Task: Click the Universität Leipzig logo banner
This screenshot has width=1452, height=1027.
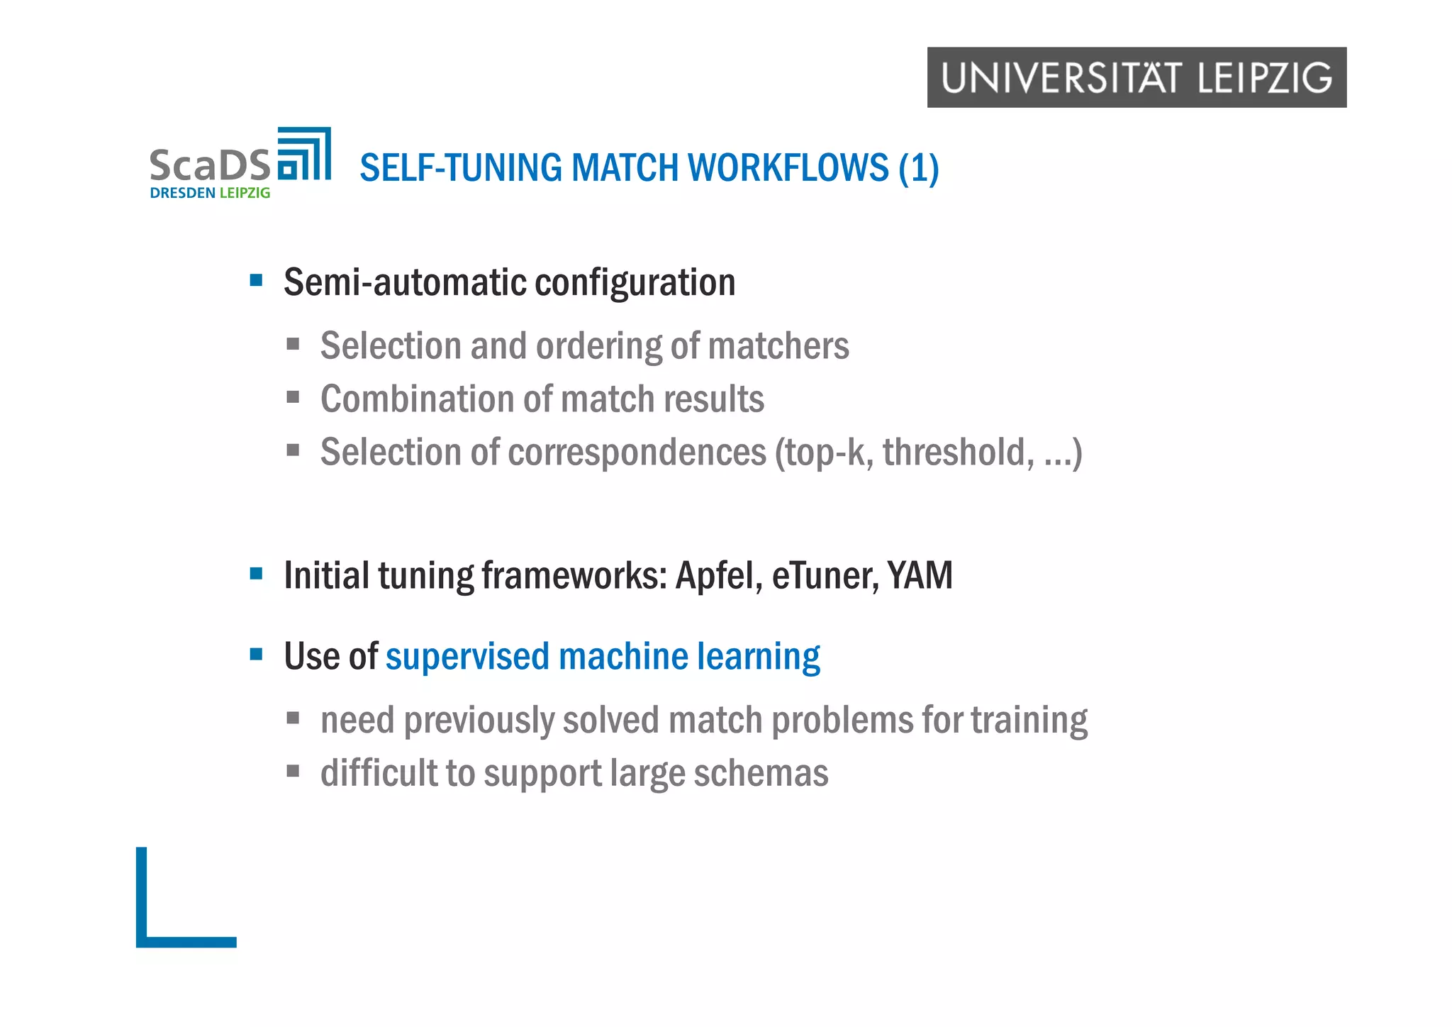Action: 1136,77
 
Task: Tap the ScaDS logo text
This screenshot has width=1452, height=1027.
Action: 210,165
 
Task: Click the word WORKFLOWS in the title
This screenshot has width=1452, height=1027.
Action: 788,168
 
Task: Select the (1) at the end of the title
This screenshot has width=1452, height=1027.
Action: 918,169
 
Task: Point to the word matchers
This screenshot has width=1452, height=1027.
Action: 778,346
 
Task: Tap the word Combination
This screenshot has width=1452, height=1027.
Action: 417,399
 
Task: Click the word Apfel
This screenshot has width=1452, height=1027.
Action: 717,575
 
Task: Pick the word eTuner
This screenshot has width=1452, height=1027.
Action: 825,575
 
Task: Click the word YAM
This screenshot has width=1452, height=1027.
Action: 920,575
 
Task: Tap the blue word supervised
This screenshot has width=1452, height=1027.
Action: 467,656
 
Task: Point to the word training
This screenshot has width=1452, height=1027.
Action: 1029,721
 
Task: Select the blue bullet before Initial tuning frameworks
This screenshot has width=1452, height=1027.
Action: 257,573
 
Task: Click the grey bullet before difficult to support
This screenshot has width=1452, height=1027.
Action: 293,771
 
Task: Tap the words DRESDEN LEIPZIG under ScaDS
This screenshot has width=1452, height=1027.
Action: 210,193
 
